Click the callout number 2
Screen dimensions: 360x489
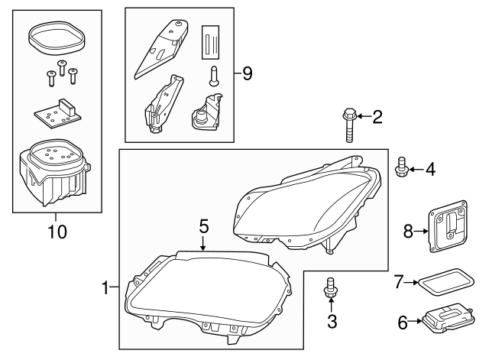pos(377,117)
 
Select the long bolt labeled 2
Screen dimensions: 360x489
pos(348,126)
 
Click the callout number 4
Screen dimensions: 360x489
pos(430,167)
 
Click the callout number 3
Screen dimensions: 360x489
pos(332,322)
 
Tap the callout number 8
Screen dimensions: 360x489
pos(407,229)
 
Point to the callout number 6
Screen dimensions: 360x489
pos(403,322)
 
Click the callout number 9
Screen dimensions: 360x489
pos(247,73)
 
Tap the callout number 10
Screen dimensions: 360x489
pos(57,229)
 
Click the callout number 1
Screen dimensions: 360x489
pos(106,287)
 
